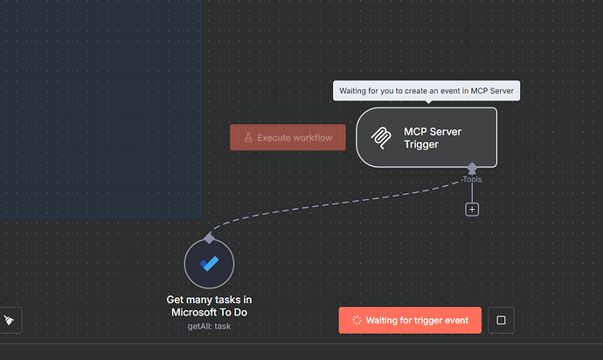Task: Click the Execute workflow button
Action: (x=288, y=137)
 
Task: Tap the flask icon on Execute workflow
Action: (x=247, y=137)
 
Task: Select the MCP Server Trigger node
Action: (x=426, y=136)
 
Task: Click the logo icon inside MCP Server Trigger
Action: (x=381, y=137)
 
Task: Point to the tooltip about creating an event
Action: (x=426, y=91)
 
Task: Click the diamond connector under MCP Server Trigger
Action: (x=472, y=167)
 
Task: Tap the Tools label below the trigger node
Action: (x=472, y=179)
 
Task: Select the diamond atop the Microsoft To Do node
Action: (x=209, y=238)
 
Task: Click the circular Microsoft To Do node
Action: (x=209, y=263)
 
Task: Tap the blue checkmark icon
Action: (x=209, y=263)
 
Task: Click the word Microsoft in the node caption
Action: (x=193, y=312)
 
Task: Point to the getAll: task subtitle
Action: (x=209, y=326)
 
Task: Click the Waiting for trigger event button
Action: (x=410, y=320)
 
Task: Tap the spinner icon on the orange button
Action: (x=356, y=320)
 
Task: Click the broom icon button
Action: (x=9, y=320)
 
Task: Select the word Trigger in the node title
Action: (x=421, y=144)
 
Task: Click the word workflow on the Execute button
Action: (x=310, y=137)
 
